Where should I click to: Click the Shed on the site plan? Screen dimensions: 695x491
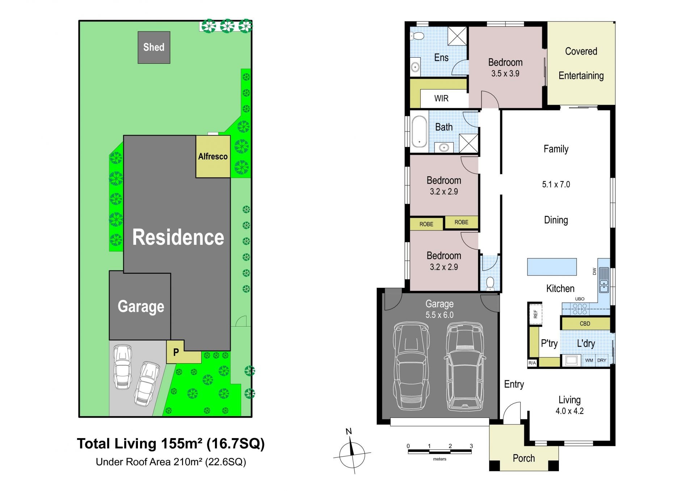[154, 47]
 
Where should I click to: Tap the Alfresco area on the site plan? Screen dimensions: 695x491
[213, 156]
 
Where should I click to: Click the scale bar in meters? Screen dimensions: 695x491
[439, 451]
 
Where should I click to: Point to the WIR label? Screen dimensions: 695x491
[441, 98]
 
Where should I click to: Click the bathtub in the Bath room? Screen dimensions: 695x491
[420, 131]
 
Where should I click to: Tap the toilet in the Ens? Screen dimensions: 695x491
[417, 36]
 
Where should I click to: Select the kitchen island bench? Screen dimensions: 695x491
[552, 267]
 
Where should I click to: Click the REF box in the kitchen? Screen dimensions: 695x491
[535, 314]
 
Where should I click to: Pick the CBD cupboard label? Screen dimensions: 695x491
[585, 324]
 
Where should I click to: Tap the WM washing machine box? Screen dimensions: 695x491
[589, 360]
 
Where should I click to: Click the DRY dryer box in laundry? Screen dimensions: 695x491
[602, 360]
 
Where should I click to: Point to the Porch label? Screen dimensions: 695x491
[524, 458]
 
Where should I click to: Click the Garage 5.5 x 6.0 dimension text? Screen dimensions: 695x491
[439, 315]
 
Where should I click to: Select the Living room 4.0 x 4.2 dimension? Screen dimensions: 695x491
[569, 411]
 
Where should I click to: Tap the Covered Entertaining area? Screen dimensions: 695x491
[581, 63]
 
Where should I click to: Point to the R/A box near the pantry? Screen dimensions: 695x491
[532, 363]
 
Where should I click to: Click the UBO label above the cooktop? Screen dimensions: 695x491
[580, 299]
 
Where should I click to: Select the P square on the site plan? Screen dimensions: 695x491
[176, 352]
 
